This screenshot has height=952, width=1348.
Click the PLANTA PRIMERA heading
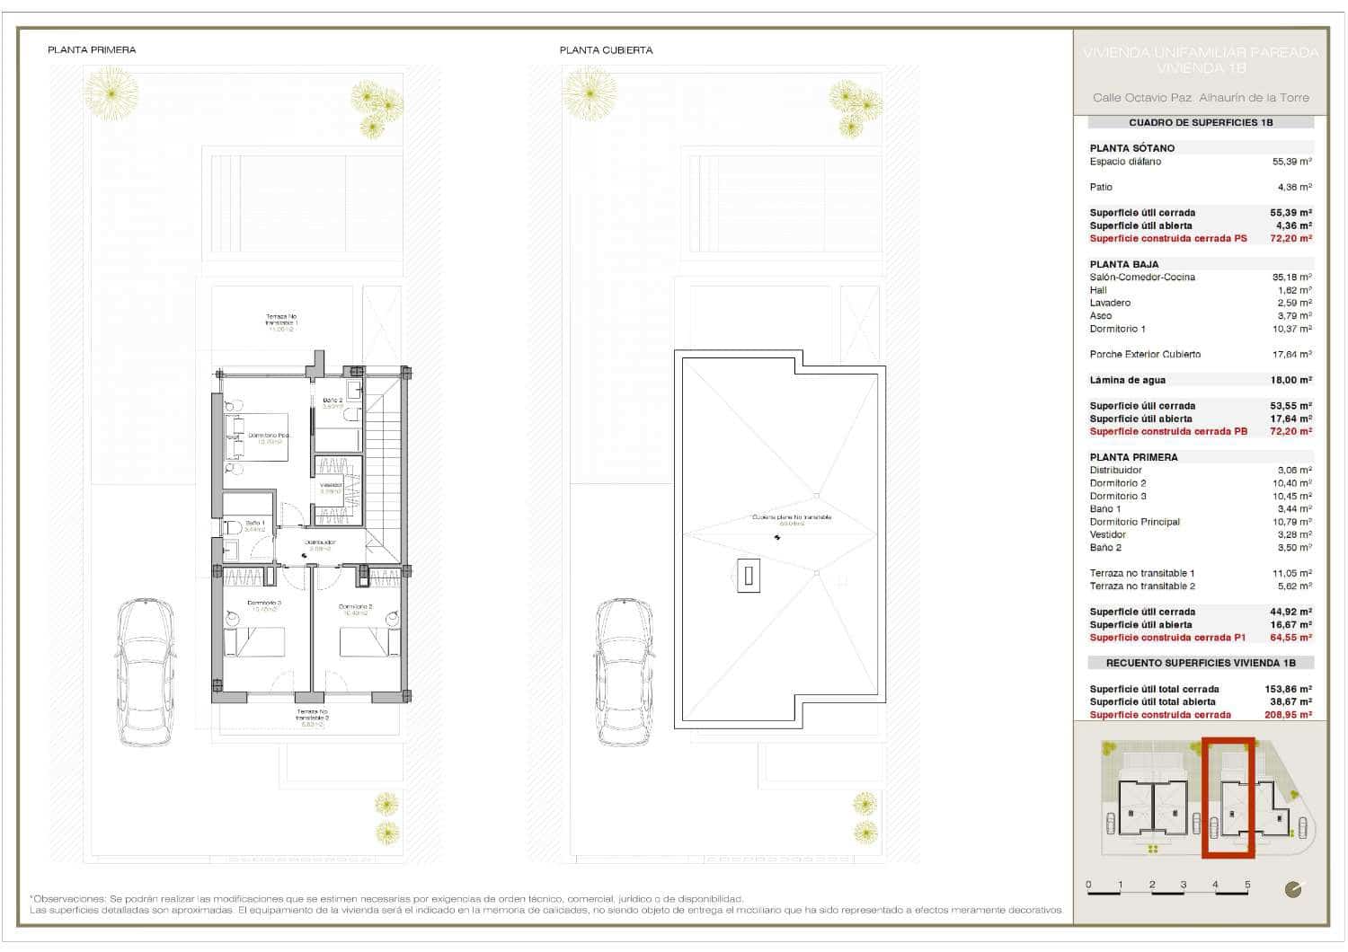[92, 50]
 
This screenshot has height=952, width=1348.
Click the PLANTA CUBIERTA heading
[606, 50]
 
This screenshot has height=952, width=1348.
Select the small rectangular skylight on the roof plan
[748, 575]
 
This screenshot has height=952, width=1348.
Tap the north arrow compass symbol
[1293, 890]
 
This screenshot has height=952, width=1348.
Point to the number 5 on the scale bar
[1247, 885]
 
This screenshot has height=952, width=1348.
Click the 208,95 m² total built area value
[1288, 715]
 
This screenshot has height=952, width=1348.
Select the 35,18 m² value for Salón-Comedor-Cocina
[1291, 278]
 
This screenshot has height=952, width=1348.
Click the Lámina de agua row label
[1127, 380]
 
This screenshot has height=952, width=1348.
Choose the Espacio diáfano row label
[1125, 162]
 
